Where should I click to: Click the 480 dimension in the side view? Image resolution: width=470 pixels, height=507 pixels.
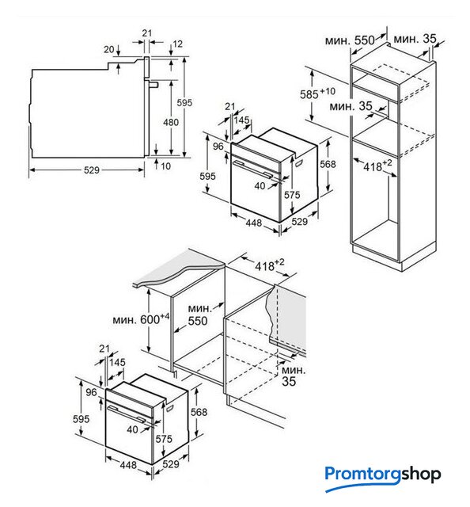pos(171,122)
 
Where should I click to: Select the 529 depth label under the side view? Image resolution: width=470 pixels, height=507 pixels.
pos(92,170)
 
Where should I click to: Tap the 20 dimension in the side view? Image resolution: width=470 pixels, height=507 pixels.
pos(109,49)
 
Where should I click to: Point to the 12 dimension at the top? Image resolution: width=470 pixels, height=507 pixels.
pos(178,44)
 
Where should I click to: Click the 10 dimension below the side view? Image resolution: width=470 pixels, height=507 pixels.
pos(165,166)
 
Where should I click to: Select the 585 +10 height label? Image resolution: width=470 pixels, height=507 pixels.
pos(317,93)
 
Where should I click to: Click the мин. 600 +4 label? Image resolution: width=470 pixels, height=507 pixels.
pos(141,319)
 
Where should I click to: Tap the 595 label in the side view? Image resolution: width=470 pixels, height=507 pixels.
pos(184,103)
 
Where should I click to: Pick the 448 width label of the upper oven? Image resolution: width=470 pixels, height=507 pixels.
pos(253,223)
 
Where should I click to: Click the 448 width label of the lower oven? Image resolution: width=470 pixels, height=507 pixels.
pos(128,465)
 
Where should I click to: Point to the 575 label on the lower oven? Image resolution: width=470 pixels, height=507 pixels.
pos(164,439)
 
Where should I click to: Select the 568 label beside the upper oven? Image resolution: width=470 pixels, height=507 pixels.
pos(328,164)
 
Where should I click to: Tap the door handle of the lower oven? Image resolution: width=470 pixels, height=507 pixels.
pos(127,414)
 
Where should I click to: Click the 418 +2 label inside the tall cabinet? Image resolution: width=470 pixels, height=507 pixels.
pos(377,165)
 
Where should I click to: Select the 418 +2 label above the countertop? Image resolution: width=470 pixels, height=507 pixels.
pos(270,265)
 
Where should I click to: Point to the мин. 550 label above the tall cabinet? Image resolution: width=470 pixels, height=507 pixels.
pos(350,40)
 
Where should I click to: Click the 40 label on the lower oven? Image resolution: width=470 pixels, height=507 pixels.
pos(132,429)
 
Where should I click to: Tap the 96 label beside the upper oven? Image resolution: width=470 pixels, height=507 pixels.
pos(218,146)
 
